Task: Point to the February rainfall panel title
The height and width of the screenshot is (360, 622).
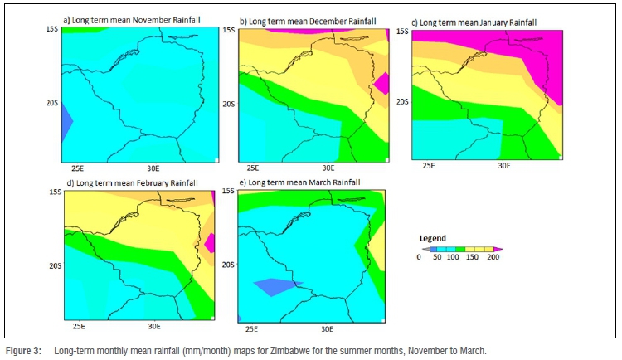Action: (x=129, y=182)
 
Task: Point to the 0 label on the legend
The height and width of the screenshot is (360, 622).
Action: (x=420, y=257)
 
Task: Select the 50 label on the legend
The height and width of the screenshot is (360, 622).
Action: (x=436, y=257)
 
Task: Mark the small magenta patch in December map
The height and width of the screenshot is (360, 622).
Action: (x=382, y=83)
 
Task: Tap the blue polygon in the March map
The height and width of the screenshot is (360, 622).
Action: (x=275, y=287)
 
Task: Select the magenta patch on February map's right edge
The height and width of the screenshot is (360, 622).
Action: (x=210, y=243)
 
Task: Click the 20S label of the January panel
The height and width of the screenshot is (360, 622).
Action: (x=402, y=102)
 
